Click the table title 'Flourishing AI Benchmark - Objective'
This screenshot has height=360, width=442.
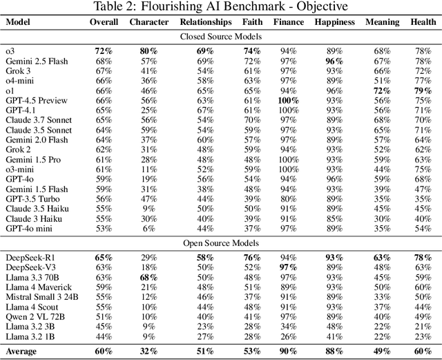(x=220, y=7)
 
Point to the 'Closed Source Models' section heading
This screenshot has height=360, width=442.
(x=220, y=36)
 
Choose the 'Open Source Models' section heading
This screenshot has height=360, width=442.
(x=220, y=243)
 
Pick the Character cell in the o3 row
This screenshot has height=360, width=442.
(x=148, y=51)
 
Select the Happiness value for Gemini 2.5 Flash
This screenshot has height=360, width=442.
(x=335, y=61)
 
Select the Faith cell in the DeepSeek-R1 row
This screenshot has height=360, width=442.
(x=252, y=257)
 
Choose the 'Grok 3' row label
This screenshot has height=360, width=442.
(x=20, y=71)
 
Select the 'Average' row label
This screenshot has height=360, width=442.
(x=22, y=351)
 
